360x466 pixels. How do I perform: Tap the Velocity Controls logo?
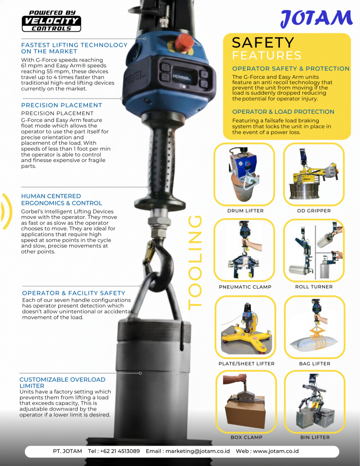point(51,21)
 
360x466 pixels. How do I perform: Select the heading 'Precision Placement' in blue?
point(62,105)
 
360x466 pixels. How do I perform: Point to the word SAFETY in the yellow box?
point(263,43)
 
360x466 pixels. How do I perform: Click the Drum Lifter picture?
point(244,174)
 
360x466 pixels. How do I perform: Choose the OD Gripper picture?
point(314,174)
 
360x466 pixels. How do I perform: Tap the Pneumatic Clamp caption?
point(245,287)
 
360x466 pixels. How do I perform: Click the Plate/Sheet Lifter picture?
point(245,327)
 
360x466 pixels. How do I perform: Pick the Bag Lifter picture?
point(314,327)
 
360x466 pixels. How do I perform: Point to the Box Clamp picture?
point(245,402)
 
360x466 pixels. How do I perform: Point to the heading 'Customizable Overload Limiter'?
point(62,382)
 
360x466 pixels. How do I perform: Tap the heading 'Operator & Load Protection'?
point(283,112)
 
